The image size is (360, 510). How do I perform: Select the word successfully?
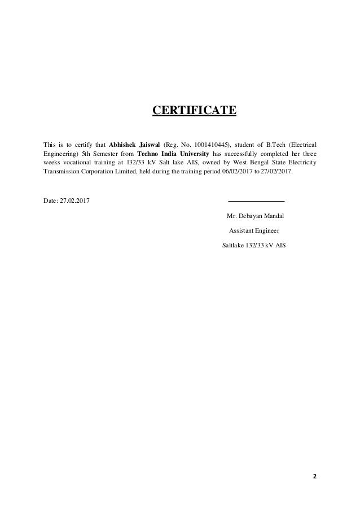(240, 152)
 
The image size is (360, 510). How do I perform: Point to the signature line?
(256, 201)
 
